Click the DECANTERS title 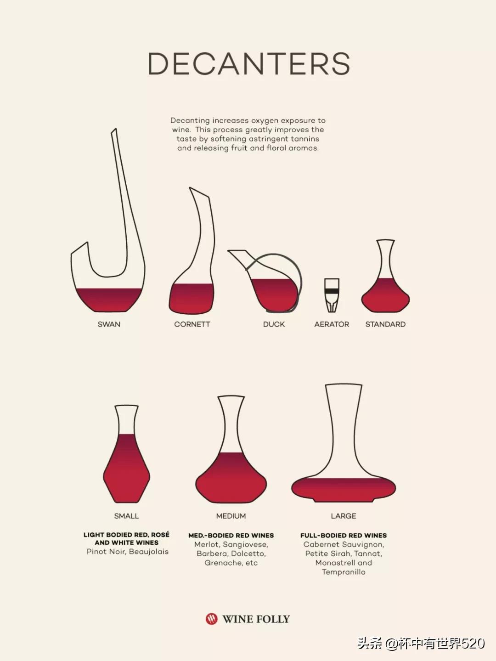point(249,63)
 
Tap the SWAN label point(109,324)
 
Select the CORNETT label point(192,324)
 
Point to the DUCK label point(274,324)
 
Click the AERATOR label point(332,324)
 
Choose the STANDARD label point(385,324)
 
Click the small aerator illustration point(332,295)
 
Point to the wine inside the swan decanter point(108,299)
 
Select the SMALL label point(126,516)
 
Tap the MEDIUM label point(231,516)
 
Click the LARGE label point(344,516)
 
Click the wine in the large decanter point(344,489)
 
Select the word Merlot point(207,544)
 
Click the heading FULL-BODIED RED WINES point(344,536)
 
